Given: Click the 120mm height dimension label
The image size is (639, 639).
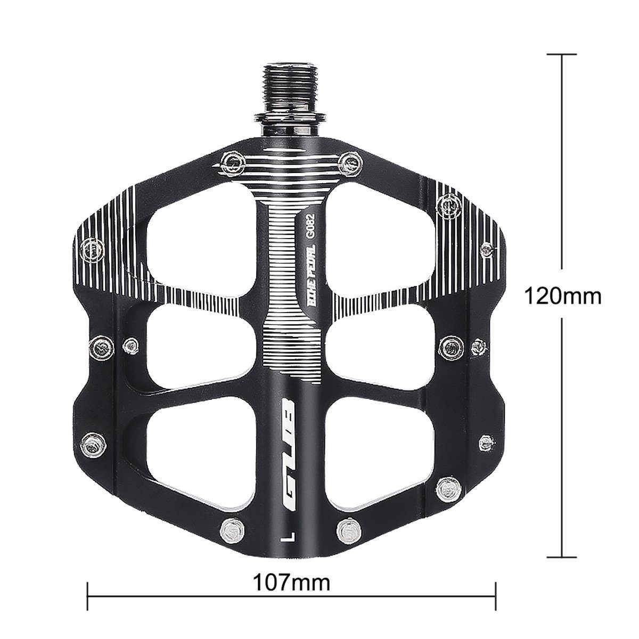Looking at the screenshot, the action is coord(562,296).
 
